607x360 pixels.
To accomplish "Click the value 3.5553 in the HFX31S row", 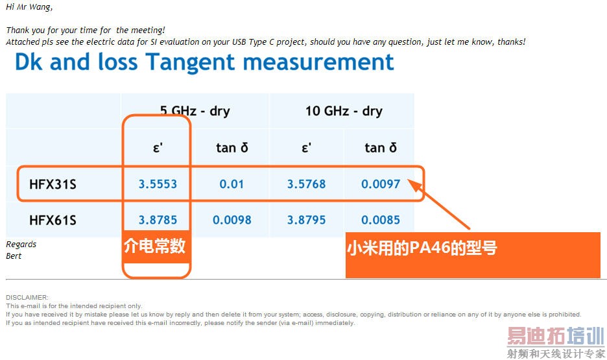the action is click(158, 184).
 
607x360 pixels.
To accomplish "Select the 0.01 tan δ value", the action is click(232, 184).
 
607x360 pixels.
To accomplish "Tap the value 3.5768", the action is click(306, 184).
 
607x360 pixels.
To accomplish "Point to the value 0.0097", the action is click(381, 184).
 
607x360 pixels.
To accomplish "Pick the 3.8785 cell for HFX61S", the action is click(158, 220).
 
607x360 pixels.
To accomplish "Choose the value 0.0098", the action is click(232, 220).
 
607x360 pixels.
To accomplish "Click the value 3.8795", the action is click(306, 220).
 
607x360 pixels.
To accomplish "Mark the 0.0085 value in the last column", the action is click(381, 220).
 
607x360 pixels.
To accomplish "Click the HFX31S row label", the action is click(53, 184).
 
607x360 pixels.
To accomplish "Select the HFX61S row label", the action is click(53, 220).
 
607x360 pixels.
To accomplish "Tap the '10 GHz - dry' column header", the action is click(344, 111).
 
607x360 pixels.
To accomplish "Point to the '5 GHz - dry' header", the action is click(195, 111).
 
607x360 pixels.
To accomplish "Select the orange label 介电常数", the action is click(155, 246).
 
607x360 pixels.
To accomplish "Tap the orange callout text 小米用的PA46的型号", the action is click(422, 248).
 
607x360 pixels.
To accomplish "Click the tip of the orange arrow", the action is click(408, 180).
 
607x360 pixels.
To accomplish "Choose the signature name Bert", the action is click(14, 256).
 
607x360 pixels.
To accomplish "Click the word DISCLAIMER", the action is click(27, 297).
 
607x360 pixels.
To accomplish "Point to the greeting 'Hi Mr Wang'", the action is click(29, 7).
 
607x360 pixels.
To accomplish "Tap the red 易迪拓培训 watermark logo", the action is click(556, 336).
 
